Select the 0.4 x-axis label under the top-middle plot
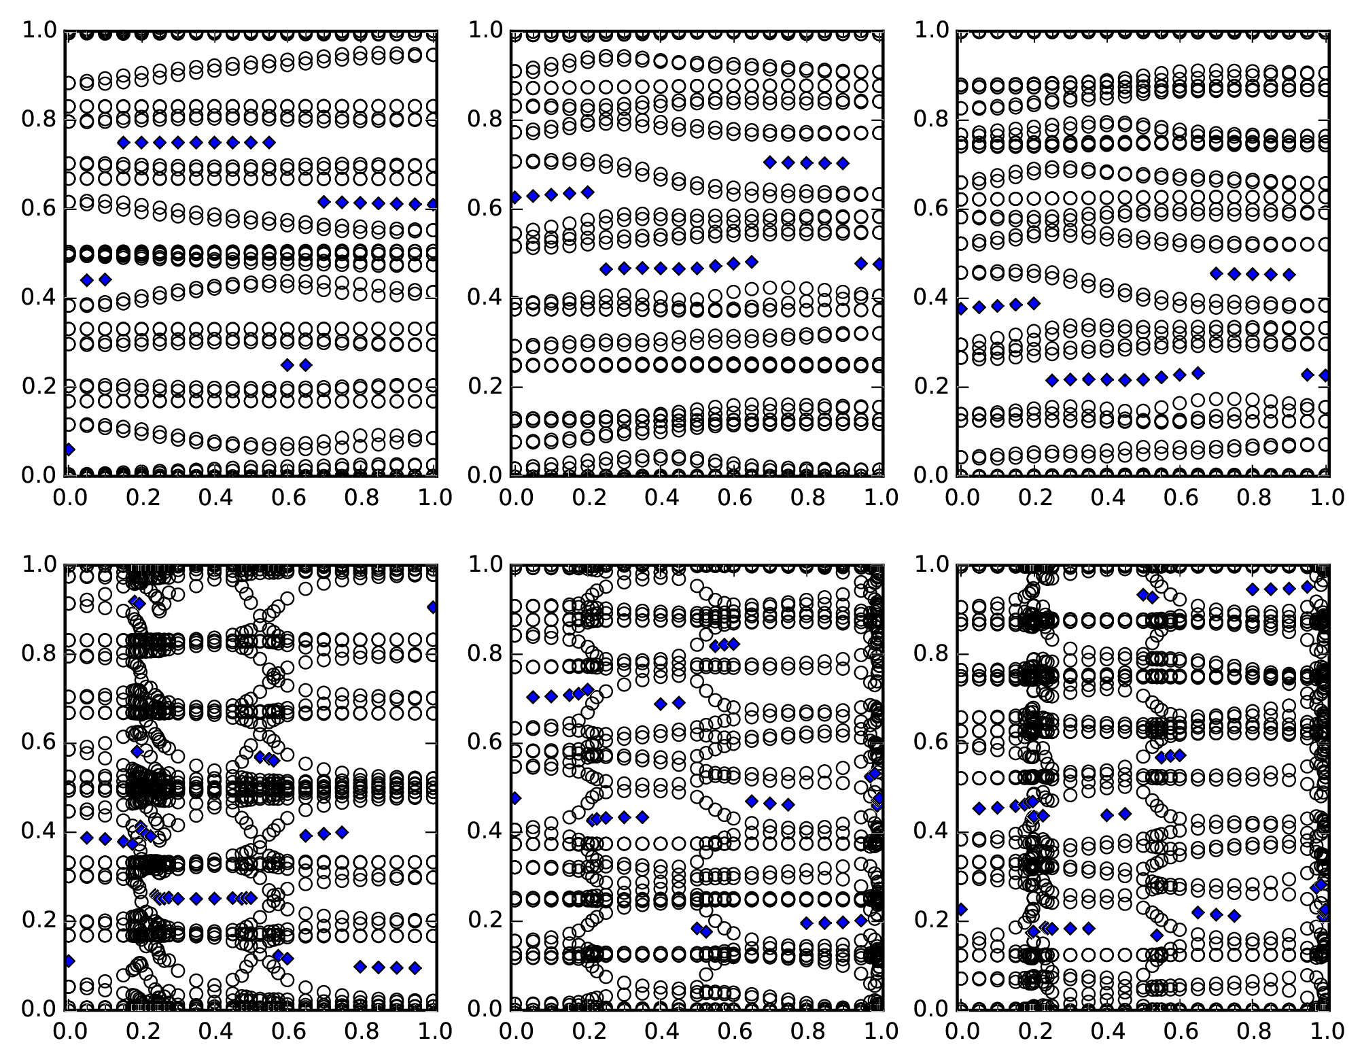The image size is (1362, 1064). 660,498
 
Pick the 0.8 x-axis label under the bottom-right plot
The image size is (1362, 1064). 1253,1031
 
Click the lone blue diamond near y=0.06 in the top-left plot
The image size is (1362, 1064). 68,449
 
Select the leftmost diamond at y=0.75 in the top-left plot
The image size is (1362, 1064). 123,142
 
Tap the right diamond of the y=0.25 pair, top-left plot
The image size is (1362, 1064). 306,365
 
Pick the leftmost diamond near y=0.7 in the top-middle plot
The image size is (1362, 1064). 770,162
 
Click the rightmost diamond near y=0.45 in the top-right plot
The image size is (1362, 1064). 1289,275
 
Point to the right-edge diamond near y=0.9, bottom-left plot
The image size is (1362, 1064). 433,607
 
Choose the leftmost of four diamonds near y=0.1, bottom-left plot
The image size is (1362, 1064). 360,967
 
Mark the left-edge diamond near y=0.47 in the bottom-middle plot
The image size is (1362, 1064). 515,798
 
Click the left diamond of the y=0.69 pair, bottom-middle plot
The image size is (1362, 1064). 661,704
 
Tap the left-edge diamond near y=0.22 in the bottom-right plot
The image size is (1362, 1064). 961,910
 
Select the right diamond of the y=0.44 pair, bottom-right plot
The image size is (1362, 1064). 1125,813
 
